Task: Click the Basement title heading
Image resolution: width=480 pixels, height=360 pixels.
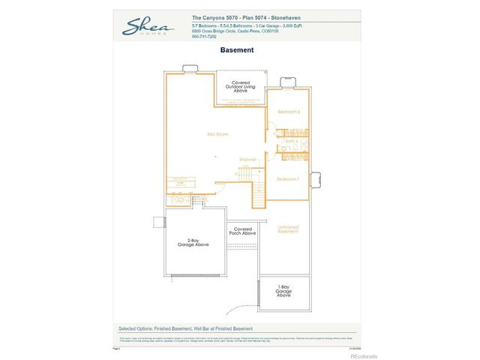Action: pyautogui.click(x=237, y=51)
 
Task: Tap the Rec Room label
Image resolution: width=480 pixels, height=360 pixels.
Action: pyautogui.click(x=217, y=134)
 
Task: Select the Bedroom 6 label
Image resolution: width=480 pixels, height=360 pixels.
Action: pyautogui.click(x=289, y=112)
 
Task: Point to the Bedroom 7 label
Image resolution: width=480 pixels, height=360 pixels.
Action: pyautogui.click(x=288, y=179)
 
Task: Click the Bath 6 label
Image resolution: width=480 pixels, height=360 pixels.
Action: pyautogui.click(x=292, y=141)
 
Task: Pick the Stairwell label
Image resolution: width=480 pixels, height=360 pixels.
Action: pyautogui.click(x=247, y=159)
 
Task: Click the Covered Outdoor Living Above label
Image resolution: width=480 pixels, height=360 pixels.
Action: pyautogui.click(x=241, y=86)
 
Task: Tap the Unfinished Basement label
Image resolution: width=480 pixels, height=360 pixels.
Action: pyautogui.click(x=288, y=229)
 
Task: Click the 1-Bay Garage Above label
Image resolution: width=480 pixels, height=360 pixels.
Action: pyautogui.click(x=284, y=291)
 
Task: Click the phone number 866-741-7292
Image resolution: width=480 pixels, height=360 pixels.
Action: pyautogui.click(x=204, y=36)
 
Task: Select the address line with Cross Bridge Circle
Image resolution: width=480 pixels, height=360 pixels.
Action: pyautogui.click(x=235, y=31)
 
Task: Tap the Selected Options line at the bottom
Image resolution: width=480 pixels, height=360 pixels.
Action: pyautogui.click(x=185, y=328)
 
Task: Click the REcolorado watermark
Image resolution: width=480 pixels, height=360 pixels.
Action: pyautogui.click(x=364, y=355)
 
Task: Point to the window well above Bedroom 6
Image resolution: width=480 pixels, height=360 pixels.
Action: pyautogui.click(x=287, y=82)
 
